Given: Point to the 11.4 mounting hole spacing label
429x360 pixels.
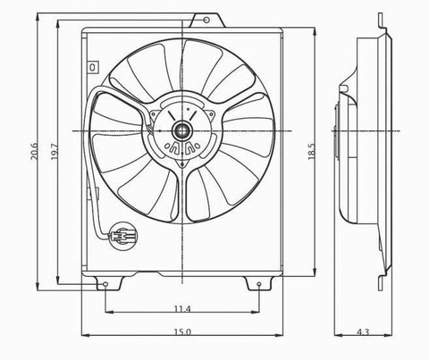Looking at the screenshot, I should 181,308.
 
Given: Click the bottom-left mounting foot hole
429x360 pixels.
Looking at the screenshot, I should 105,286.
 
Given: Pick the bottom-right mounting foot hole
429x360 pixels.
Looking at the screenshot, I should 258,286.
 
